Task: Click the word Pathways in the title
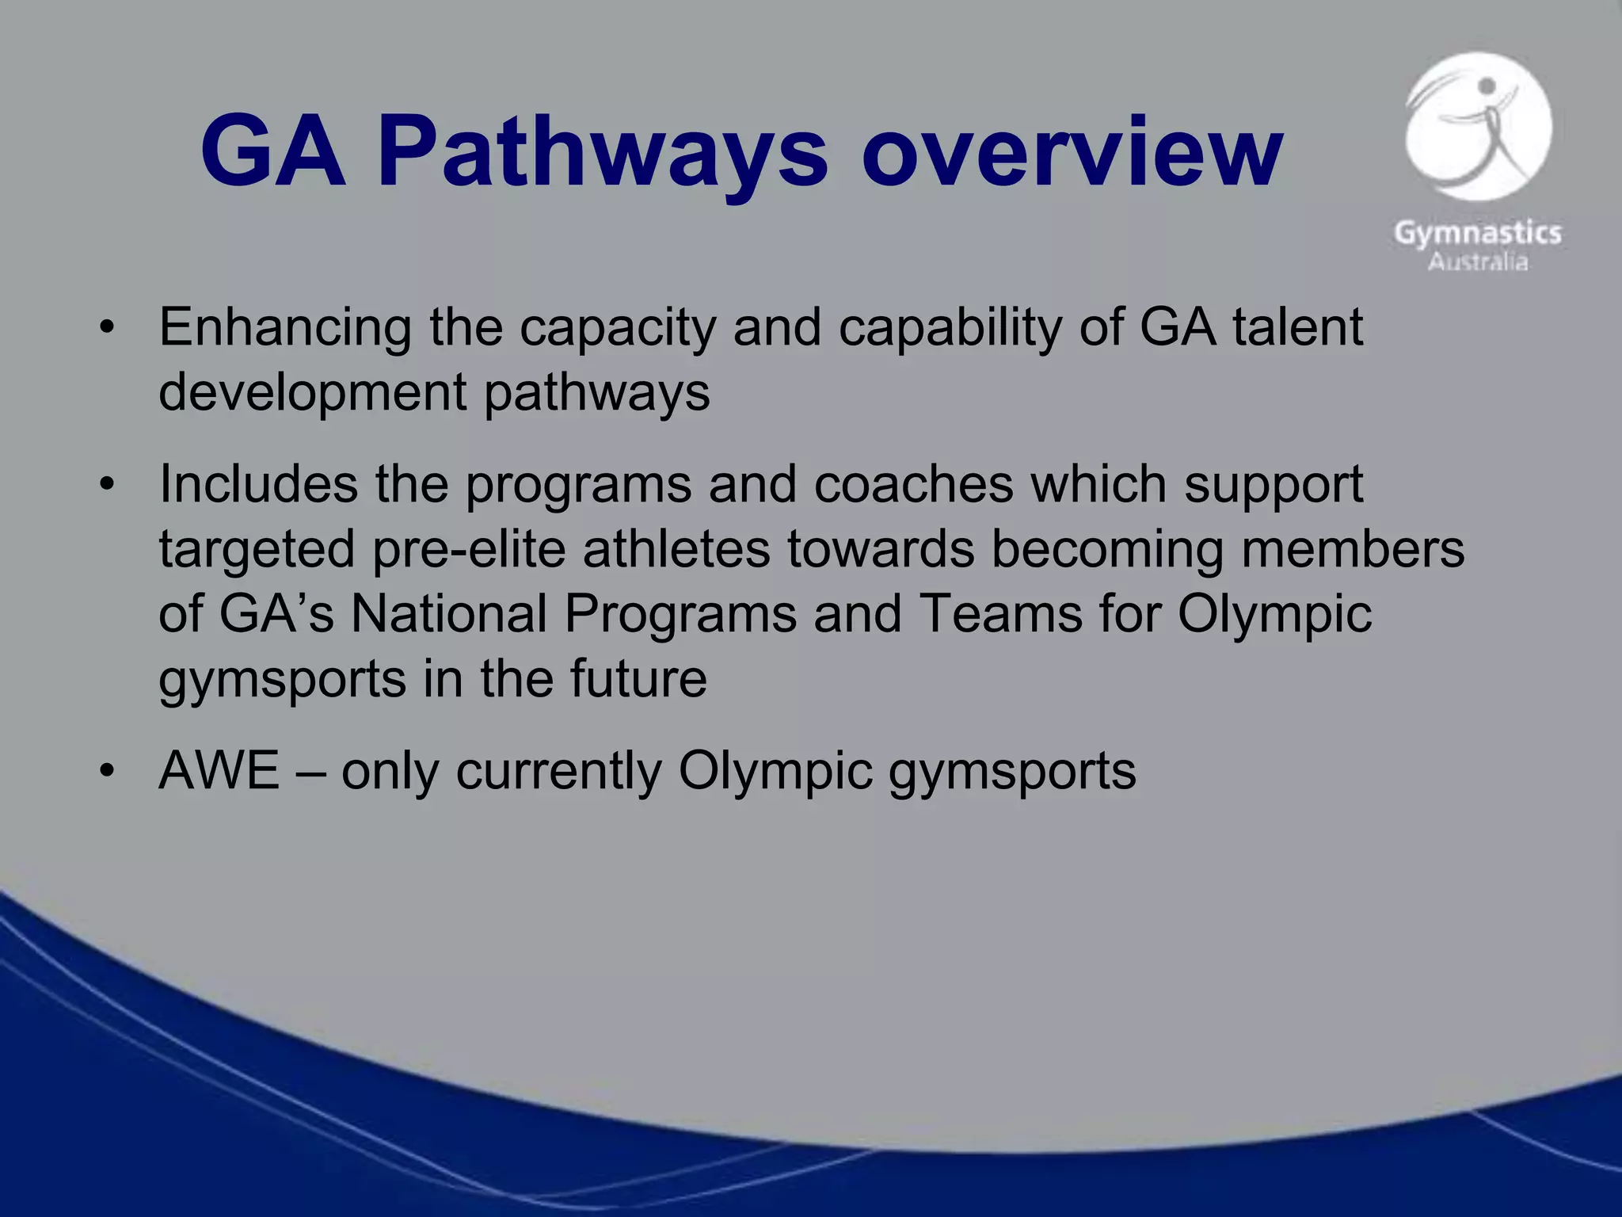(x=602, y=152)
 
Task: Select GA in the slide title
(x=272, y=152)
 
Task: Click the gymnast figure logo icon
(x=1478, y=127)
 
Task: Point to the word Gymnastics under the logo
(x=1478, y=233)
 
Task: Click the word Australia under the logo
(x=1478, y=262)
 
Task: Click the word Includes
(x=258, y=484)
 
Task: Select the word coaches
(x=913, y=484)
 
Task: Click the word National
(x=448, y=614)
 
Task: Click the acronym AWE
(x=219, y=770)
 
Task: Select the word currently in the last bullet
(x=558, y=770)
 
